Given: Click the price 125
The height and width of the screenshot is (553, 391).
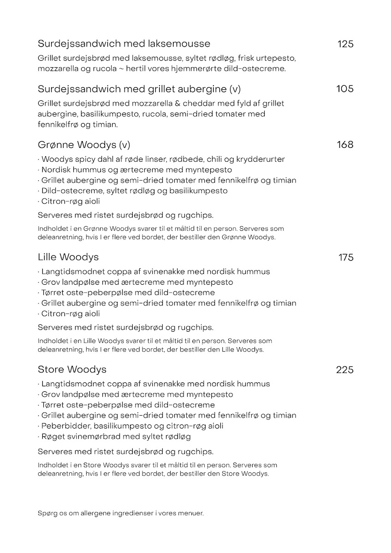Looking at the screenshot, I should pyautogui.click(x=345, y=44).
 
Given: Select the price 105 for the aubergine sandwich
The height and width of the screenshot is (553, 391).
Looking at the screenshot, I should pyautogui.click(x=345, y=89).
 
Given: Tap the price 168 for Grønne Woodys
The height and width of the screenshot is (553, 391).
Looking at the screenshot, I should pyautogui.click(x=345, y=145).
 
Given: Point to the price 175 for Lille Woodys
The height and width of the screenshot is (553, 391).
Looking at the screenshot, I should pyautogui.click(x=346, y=257).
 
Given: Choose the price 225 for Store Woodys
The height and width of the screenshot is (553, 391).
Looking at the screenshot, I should pyautogui.click(x=345, y=370).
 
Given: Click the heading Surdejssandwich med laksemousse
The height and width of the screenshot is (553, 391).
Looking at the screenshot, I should pyautogui.click(x=124, y=44).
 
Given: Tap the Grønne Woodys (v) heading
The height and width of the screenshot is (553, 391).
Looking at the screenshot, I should pyautogui.click(x=84, y=145).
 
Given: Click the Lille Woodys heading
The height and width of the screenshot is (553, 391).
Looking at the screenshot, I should pyautogui.click(x=68, y=257).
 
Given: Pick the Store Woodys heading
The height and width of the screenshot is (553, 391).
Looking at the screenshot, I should pyautogui.click(x=72, y=369).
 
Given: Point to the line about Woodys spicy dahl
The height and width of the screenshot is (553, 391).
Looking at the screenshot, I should pyautogui.click(x=163, y=159).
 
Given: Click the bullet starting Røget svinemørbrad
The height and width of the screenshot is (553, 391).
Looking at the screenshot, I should pyautogui.click(x=116, y=436).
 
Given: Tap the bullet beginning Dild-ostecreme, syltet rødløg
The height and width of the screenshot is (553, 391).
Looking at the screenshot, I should pyautogui.click(x=134, y=191).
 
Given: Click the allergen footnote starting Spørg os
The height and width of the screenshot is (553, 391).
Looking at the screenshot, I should pyautogui.click(x=120, y=513).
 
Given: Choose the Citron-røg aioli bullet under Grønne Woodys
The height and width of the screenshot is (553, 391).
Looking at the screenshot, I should pyautogui.click(x=70, y=201).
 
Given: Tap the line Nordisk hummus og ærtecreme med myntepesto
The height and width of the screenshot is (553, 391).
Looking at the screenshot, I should pyautogui.click(x=136, y=170).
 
